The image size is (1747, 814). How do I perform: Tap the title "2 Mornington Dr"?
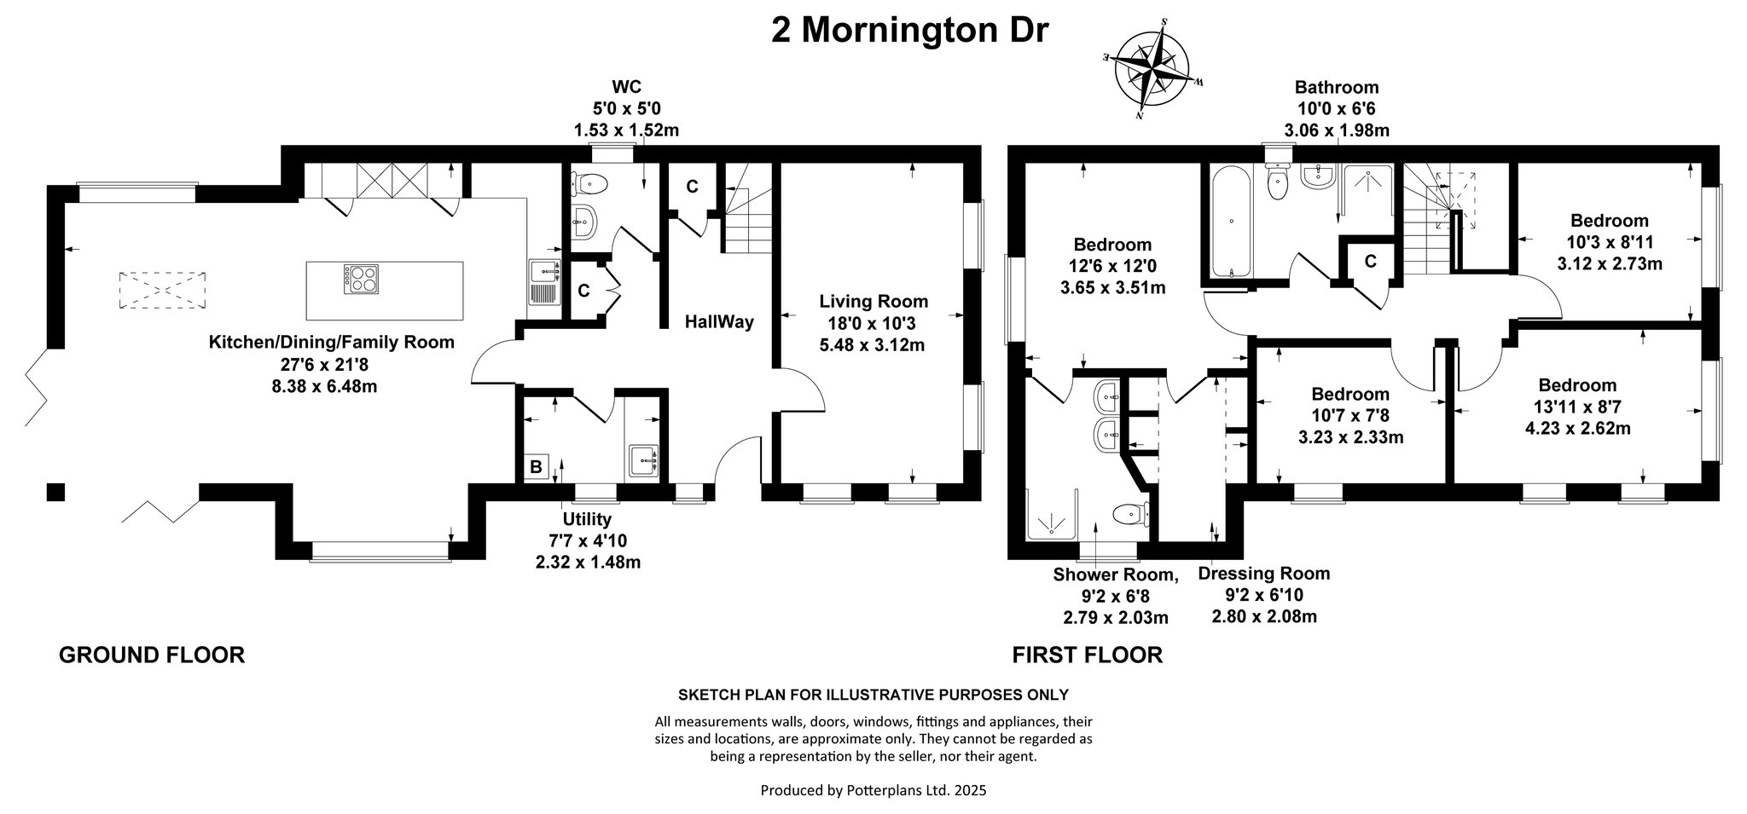[909, 30]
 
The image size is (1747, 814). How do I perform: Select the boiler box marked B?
[537, 467]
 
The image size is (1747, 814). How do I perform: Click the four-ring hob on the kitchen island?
[362, 279]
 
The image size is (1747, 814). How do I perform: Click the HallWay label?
[720, 322]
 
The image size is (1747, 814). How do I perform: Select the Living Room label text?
[873, 301]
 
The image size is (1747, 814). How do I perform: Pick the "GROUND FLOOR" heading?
[152, 655]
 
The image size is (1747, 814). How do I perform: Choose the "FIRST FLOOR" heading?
[1088, 655]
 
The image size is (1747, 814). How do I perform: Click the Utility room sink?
[643, 461]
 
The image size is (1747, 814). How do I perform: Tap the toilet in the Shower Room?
[1132, 514]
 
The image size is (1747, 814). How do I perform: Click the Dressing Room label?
[1264, 574]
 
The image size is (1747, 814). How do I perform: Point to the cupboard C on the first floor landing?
[1371, 261]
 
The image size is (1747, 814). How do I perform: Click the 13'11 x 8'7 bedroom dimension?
[1578, 407]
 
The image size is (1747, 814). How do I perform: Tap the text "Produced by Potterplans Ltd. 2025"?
[873, 790]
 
